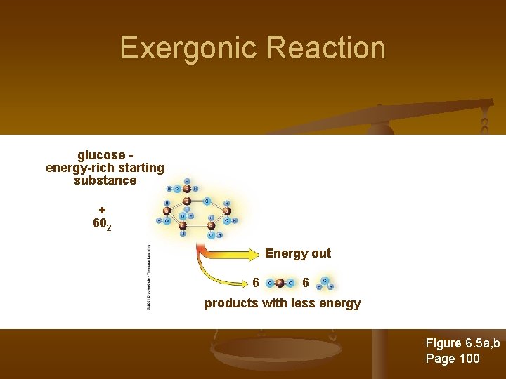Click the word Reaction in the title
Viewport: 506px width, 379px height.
coord(327,48)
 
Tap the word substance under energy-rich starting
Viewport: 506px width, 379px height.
coord(105,180)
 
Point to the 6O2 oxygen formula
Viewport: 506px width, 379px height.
coord(102,224)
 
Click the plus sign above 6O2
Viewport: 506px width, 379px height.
coord(102,209)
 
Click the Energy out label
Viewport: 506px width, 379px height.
coord(297,253)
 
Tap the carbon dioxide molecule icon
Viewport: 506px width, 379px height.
coord(280,284)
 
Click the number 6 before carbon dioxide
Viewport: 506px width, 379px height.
coord(256,283)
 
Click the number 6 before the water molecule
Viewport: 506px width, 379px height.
coord(305,283)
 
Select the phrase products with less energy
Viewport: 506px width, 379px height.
coord(283,303)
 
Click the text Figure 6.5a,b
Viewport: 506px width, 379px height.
coord(462,343)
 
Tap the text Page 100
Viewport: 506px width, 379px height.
coord(453,359)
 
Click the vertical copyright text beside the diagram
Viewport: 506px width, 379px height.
coord(149,277)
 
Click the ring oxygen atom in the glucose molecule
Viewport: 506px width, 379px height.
coord(207,200)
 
